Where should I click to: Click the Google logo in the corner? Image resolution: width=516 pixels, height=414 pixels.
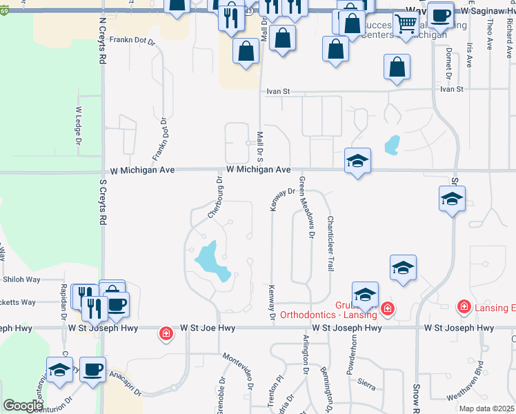(23, 406)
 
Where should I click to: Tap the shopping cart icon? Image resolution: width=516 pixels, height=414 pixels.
(407, 24)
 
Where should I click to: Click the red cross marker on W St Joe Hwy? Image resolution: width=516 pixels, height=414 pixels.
(166, 335)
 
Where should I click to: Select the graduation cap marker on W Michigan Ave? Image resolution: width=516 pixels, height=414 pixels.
(357, 161)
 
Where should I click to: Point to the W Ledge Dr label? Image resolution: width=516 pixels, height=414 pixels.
(78, 126)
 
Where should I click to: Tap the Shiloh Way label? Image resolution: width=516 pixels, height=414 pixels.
(22, 279)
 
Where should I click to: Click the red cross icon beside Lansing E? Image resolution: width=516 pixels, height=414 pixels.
(464, 306)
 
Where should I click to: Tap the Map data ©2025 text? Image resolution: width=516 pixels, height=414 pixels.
(486, 408)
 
